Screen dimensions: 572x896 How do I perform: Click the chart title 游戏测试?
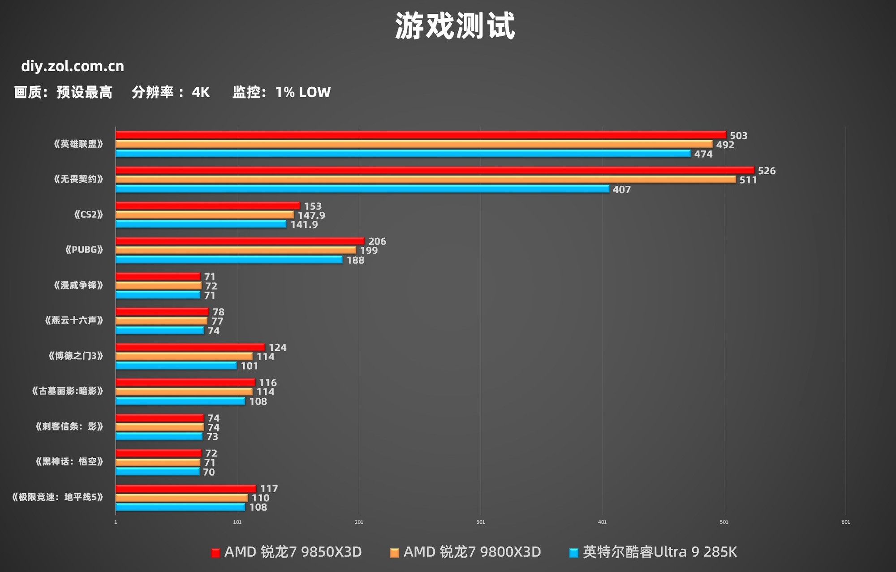pyautogui.click(x=455, y=26)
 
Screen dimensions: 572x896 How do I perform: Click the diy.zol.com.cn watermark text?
pyautogui.click(x=73, y=66)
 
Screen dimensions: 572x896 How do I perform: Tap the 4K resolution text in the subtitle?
pyautogui.click(x=200, y=92)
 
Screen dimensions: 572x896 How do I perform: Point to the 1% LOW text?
pyautogui.click(x=303, y=92)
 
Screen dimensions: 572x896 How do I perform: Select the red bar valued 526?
pyautogui.click(x=435, y=170)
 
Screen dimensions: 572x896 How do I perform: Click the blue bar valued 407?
pyautogui.click(x=362, y=189)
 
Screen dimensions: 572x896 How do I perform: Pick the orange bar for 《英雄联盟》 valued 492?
pyautogui.click(x=414, y=144)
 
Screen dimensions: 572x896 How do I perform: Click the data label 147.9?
pyautogui.click(x=311, y=215)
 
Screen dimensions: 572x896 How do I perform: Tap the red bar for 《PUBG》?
pyautogui.click(x=240, y=241)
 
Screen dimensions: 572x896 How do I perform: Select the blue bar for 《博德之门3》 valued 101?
pyautogui.click(x=176, y=366)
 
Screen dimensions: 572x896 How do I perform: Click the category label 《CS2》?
pyautogui.click(x=88, y=215)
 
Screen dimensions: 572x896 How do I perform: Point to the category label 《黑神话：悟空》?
pyautogui.click(x=69, y=462)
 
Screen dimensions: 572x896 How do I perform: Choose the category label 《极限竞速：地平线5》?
pyautogui.click(x=57, y=497)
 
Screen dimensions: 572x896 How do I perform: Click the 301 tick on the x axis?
pyautogui.click(x=480, y=522)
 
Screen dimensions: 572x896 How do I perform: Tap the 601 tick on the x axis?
pyautogui.click(x=845, y=522)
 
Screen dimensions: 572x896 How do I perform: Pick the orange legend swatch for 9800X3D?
pyautogui.click(x=394, y=553)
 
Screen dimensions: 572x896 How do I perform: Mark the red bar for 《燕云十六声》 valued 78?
pyautogui.click(x=162, y=311)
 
